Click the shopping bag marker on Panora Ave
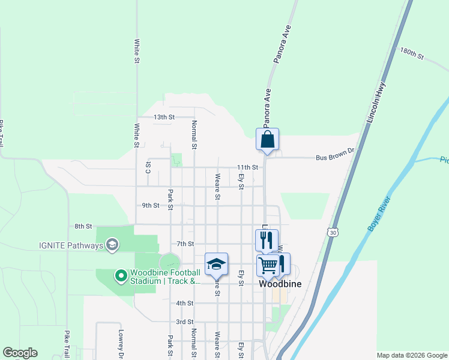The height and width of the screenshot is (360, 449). pyautogui.click(x=268, y=139)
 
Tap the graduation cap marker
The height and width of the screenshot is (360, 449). pyautogui.click(x=216, y=264)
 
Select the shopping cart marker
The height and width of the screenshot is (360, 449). pyautogui.click(x=268, y=264)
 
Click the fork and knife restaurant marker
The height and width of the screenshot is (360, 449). pyautogui.click(x=267, y=240)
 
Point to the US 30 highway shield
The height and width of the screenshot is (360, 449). pyautogui.click(x=333, y=231)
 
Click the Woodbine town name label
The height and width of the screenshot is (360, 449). pyautogui.click(x=280, y=284)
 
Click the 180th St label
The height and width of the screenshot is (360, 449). pyautogui.click(x=412, y=54)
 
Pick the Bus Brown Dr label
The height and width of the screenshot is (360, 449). pyautogui.click(x=336, y=158)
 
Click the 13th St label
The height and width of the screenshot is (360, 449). pyautogui.click(x=164, y=117)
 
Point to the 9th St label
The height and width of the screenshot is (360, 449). pyautogui.click(x=150, y=205)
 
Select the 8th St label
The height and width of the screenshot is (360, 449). pyautogui.click(x=83, y=226)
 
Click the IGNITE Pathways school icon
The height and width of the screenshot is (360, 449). pyautogui.click(x=112, y=245)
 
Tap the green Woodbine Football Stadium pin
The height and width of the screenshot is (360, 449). pyautogui.click(x=121, y=276)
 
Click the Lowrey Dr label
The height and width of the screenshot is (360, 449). pyautogui.click(x=121, y=340)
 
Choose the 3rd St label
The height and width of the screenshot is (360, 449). pyautogui.click(x=184, y=322)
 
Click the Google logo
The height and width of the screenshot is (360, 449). pyautogui.click(x=20, y=353)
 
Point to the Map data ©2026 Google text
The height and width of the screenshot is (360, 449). pyautogui.click(x=412, y=355)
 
